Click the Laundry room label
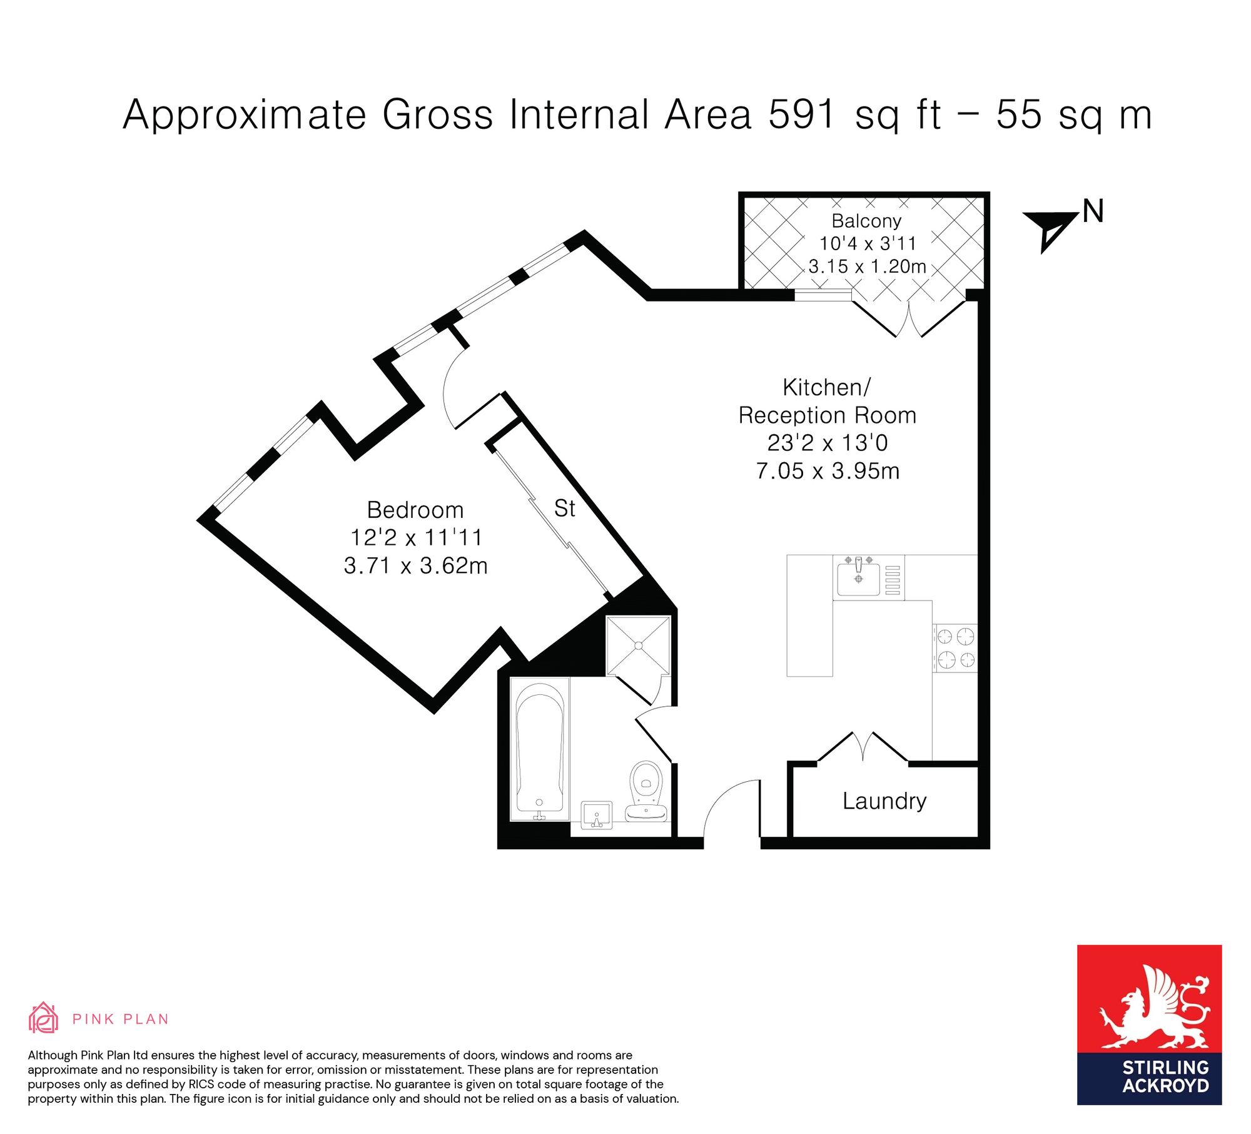point(884,801)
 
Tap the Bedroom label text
point(415,510)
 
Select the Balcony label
point(866,221)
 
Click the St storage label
point(564,508)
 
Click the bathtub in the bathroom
point(540,749)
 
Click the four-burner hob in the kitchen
point(955,648)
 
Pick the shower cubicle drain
point(639,645)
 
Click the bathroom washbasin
point(597,816)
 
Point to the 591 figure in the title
point(802,114)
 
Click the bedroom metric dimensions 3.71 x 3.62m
point(415,565)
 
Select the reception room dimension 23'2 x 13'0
point(828,443)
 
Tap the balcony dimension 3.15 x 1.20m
point(867,266)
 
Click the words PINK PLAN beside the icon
point(121,1019)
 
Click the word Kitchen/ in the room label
point(826,388)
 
